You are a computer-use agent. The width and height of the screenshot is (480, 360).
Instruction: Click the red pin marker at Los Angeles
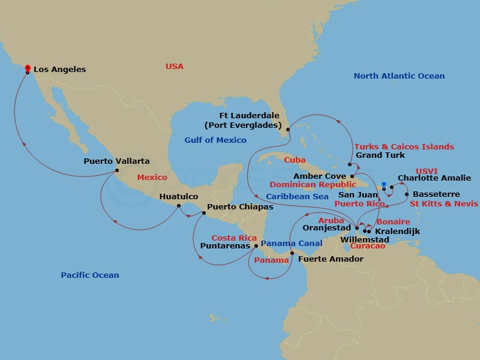coord(28,68)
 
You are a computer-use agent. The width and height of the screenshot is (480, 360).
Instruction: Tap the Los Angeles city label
coord(59,70)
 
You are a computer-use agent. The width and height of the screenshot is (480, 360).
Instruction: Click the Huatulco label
coord(179,196)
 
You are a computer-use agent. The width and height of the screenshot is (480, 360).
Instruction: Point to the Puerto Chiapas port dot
coord(202,212)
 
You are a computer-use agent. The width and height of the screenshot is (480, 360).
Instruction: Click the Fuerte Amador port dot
coord(292,253)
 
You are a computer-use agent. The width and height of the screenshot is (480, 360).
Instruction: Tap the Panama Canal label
coord(292,244)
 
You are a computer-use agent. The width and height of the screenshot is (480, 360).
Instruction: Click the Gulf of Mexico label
coord(215,140)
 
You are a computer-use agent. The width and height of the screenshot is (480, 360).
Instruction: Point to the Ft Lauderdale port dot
coord(288,129)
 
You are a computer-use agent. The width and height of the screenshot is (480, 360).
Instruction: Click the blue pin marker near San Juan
coord(383,185)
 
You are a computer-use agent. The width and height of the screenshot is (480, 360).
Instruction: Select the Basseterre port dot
coord(407,194)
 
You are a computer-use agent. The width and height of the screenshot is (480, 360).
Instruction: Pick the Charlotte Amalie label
coord(434,178)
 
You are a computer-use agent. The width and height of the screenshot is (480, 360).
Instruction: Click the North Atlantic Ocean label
coord(399,76)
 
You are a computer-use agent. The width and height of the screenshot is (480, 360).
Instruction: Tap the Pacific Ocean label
coord(90,275)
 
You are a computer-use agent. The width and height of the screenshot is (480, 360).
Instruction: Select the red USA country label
coord(175,67)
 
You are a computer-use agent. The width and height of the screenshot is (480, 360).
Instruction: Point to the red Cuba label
coord(295,160)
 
